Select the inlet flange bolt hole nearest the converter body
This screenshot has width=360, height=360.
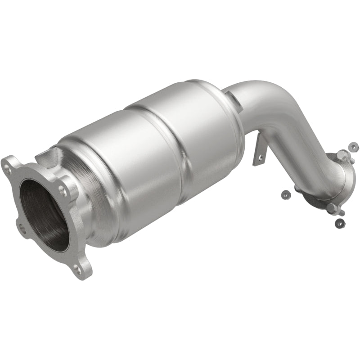(x=63, y=191)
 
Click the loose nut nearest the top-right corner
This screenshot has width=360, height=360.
(x=354, y=146)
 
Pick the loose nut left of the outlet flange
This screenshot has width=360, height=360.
(x=284, y=194)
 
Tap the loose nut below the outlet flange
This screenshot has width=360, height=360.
(x=339, y=222)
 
